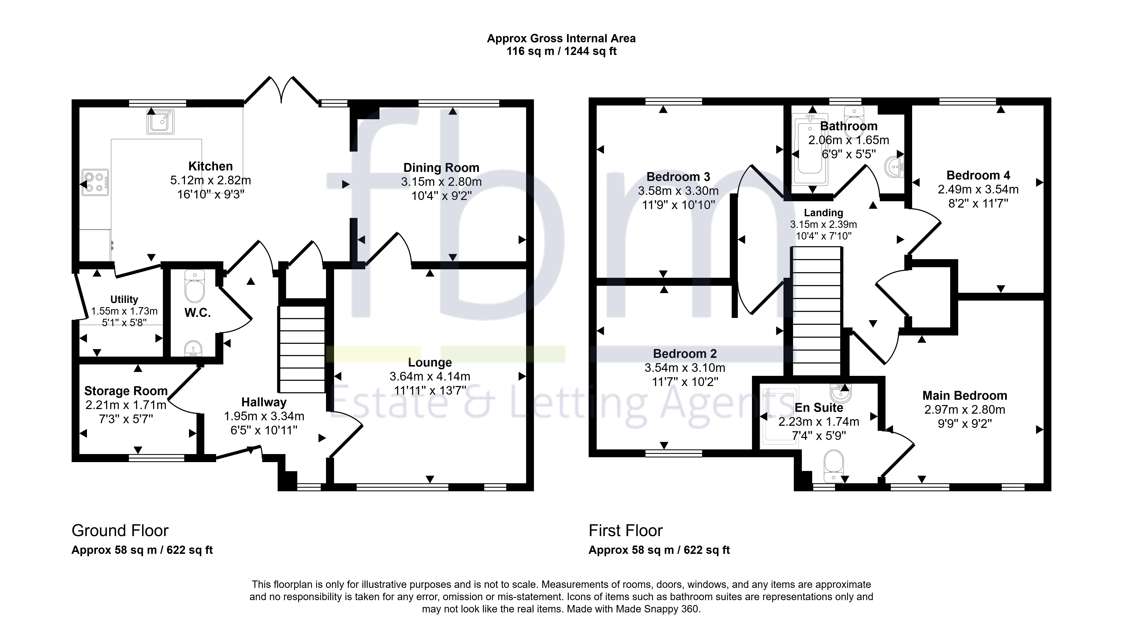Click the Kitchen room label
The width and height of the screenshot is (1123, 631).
(211, 166)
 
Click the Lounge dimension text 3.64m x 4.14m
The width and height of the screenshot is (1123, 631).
(430, 376)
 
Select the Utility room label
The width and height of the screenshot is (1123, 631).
(124, 300)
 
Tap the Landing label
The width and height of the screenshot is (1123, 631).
(824, 213)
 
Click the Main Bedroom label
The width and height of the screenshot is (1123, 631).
(965, 396)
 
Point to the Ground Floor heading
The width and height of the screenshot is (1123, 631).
(120, 531)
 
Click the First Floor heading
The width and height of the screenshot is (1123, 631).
(626, 531)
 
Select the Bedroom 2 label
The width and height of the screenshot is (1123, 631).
(685, 354)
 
